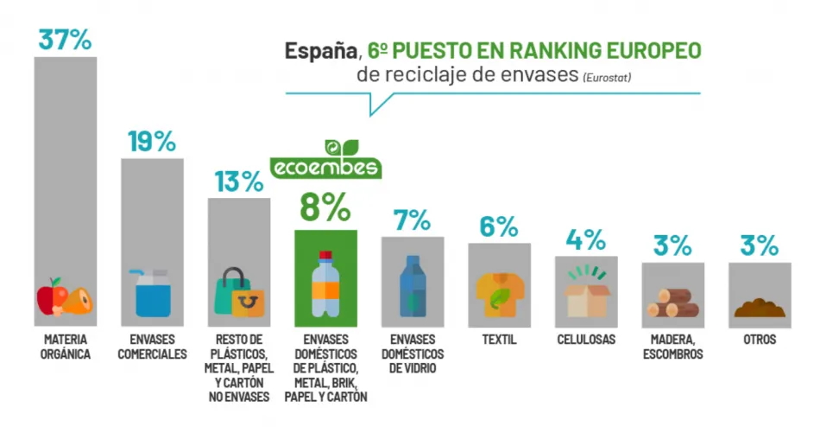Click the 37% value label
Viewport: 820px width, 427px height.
[66, 39]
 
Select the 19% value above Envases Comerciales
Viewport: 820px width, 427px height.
[151, 141]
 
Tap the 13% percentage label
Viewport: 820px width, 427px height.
[238, 182]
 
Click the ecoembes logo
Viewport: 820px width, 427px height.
[325, 159]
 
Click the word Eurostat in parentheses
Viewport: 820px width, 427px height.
[607, 77]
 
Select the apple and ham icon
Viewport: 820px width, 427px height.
[66, 297]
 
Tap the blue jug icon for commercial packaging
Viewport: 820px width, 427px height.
[151, 293]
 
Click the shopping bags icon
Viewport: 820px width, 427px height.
[238, 293]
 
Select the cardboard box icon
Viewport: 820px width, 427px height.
[587, 292]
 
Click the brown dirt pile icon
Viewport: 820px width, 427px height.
[760, 308]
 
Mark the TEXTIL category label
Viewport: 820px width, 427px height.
[500, 340]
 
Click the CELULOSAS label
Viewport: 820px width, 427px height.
[587, 340]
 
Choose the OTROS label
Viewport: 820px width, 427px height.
[760, 340]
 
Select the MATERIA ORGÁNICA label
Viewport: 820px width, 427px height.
[66, 347]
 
